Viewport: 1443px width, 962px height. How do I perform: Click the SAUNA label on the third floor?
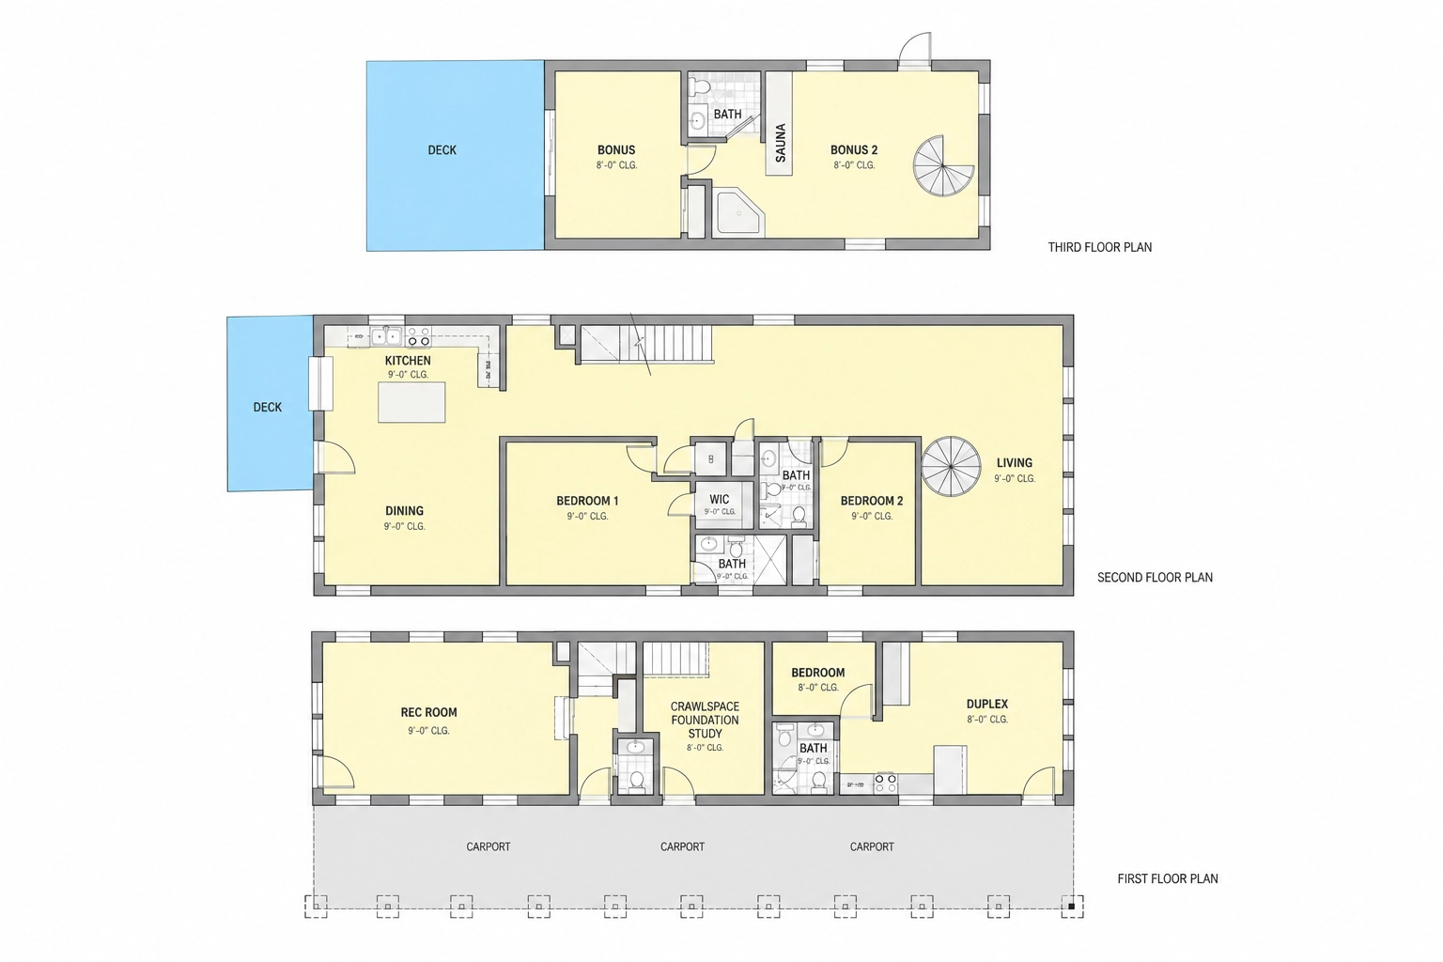coord(780,143)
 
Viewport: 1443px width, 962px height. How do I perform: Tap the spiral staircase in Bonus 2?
coord(943,165)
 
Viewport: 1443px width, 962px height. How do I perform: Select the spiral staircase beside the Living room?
coord(951,467)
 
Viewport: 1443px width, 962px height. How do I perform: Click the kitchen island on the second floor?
coord(411,402)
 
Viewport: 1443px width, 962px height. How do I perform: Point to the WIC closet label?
coord(719,500)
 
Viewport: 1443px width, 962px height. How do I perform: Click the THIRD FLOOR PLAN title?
coord(1100,247)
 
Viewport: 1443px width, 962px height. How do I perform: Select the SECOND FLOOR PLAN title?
coord(1155,578)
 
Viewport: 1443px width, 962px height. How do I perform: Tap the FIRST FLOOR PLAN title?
coord(1168,878)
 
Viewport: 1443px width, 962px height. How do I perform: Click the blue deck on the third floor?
coord(456,155)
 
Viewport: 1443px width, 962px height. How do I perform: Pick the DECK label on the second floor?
coord(268,407)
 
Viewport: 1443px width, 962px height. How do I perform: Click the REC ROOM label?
coord(428,712)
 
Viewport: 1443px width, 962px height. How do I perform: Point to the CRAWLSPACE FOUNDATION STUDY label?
coord(705,720)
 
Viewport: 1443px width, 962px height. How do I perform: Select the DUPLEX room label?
coord(987,705)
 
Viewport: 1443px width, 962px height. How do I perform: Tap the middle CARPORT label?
coord(682,846)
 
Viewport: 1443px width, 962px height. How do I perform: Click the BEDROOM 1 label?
coord(587,501)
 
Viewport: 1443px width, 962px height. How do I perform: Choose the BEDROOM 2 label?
coord(872,501)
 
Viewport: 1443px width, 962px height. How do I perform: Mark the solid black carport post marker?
coord(1071,907)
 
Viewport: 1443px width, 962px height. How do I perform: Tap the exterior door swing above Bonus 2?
coord(915,49)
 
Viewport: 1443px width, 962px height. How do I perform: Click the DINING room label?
coord(404,511)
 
